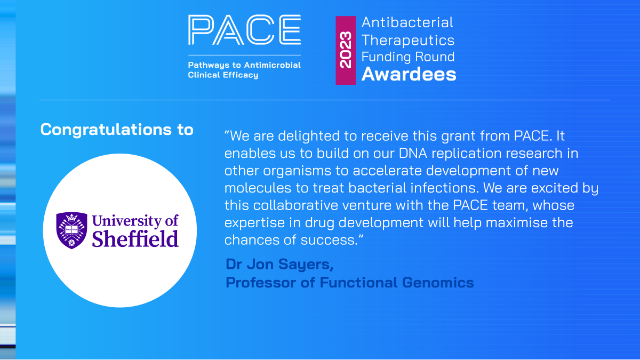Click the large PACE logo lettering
[244, 30]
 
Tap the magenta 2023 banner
[346, 50]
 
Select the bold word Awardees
[409, 74]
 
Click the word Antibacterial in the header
[407, 22]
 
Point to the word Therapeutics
[407, 40]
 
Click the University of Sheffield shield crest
[71, 230]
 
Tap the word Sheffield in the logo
[135, 239]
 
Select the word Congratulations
[106, 130]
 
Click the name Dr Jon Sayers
[279, 265]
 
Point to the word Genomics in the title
[438, 283]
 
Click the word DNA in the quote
[413, 153]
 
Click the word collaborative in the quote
[295, 205]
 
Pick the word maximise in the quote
[517, 222]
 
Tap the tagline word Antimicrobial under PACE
[273, 65]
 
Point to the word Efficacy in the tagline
[241, 75]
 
